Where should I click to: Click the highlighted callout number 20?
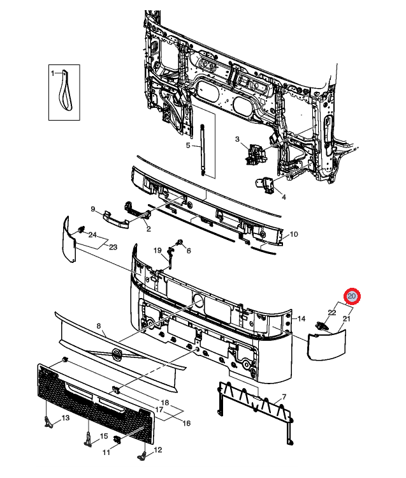352,297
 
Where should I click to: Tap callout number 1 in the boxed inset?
54,73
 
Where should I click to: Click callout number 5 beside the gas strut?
188,146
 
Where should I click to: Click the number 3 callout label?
236,139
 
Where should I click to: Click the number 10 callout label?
294,234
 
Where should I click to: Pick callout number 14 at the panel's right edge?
301,318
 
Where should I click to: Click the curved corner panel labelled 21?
326,345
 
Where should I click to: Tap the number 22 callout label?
332,312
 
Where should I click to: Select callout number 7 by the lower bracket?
284,397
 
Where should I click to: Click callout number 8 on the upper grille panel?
99,326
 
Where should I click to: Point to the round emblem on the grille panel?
117,355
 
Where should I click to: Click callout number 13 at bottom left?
65,418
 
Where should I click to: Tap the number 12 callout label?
158,450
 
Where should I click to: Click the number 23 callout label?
113,247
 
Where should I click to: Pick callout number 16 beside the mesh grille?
187,422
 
